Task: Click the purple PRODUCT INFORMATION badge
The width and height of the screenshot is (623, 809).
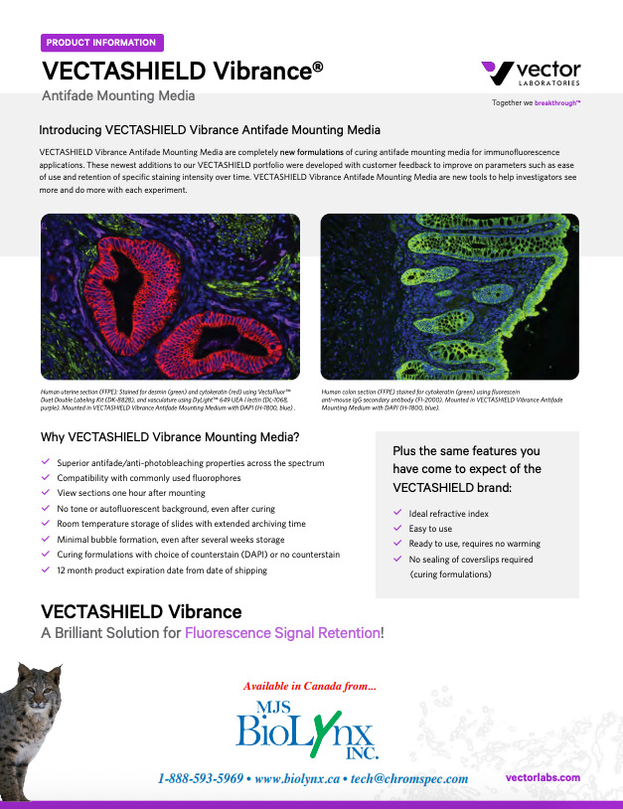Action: click(x=101, y=43)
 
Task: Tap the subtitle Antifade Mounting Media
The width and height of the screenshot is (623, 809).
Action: click(x=118, y=95)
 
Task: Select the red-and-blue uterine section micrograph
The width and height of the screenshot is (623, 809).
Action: click(x=170, y=297)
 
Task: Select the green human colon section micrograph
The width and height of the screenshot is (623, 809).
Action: click(x=449, y=297)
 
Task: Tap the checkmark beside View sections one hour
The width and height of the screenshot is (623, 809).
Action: click(x=46, y=493)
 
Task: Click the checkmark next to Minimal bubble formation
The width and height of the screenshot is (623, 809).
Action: click(x=46, y=539)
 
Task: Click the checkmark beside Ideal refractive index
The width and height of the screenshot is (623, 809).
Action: click(x=397, y=514)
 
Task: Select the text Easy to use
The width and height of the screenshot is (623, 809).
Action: click(x=430, y=529)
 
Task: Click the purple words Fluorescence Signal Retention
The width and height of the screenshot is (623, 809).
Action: click(x=282, y=633)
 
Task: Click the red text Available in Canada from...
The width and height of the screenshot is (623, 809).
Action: click(x=310, y=686)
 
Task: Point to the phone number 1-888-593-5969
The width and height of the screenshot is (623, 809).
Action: click(x=201, y=778)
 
